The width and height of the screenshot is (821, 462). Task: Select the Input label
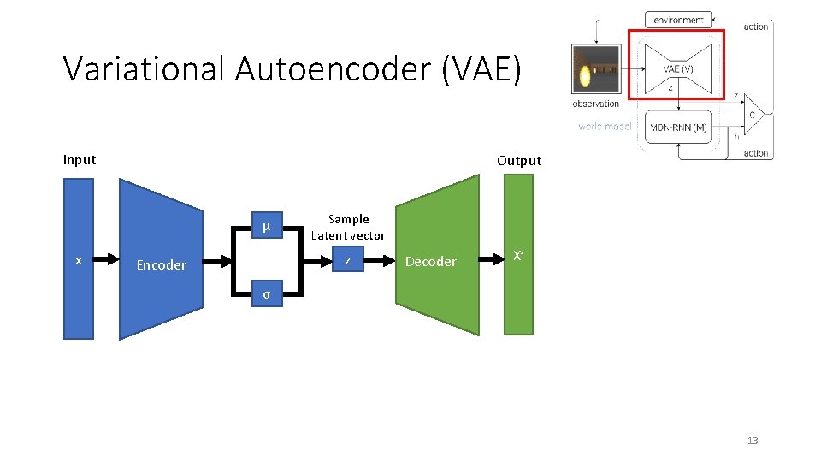tap(80, 160)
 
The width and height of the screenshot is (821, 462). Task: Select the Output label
tap(518, 161)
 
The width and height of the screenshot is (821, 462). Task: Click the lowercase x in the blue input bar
tap(79, 260)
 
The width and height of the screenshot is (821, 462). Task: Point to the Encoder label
tap(161, 265)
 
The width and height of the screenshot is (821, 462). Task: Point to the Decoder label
tap(430, 262)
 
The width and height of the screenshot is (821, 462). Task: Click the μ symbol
tap(266, 227)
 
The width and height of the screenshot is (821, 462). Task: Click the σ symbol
tap(266, 294)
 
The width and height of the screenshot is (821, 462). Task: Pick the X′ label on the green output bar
tap(517, 255)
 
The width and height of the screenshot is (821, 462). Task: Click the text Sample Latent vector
tap(348, 228)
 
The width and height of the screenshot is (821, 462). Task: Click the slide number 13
tap(753, 441)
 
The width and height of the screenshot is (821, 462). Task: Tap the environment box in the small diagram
tap(678, 19)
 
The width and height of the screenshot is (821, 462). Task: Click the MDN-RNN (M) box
tap(678, 127)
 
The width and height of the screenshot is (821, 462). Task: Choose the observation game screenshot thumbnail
tap(595, 69)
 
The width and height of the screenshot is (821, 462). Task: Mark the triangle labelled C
tap(755, 114)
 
